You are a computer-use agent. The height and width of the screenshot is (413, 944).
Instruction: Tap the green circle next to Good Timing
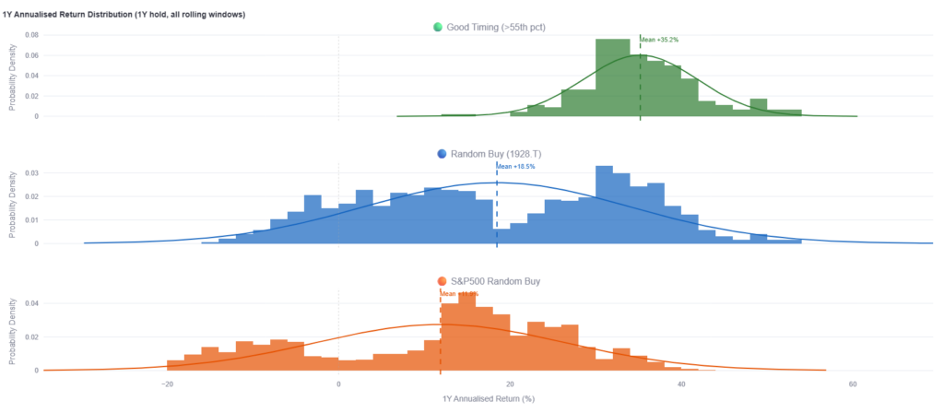click(438, 27)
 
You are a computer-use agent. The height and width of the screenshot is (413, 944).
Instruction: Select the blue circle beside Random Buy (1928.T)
click(442, 153)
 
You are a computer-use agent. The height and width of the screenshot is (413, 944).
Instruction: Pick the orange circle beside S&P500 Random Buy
click(442, 280)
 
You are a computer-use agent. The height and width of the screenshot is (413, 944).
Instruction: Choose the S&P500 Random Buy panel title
click(494, 280)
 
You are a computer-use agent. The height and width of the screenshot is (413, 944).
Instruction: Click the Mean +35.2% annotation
click(660, 40)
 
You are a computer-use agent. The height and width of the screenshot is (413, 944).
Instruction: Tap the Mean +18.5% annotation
click(516, 166)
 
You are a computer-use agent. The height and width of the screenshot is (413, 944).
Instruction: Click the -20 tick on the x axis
click(167, 383)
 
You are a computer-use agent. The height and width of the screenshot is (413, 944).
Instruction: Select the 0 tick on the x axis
click(338, 383)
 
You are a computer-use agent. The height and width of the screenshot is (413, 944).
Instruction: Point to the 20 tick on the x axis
click(510, 383)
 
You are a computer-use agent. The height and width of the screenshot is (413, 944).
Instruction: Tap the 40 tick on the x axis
click(681, 383)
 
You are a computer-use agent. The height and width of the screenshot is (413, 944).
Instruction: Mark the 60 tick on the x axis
click(853, 383)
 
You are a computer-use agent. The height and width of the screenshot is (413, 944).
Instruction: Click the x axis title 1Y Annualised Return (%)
click(489, 399)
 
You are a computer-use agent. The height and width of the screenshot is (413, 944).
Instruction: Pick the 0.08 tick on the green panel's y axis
click(30, 35)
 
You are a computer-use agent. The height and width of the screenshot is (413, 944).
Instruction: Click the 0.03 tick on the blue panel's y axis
click(30, 172)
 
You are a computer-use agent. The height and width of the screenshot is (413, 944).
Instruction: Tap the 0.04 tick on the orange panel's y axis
click(30, 302)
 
